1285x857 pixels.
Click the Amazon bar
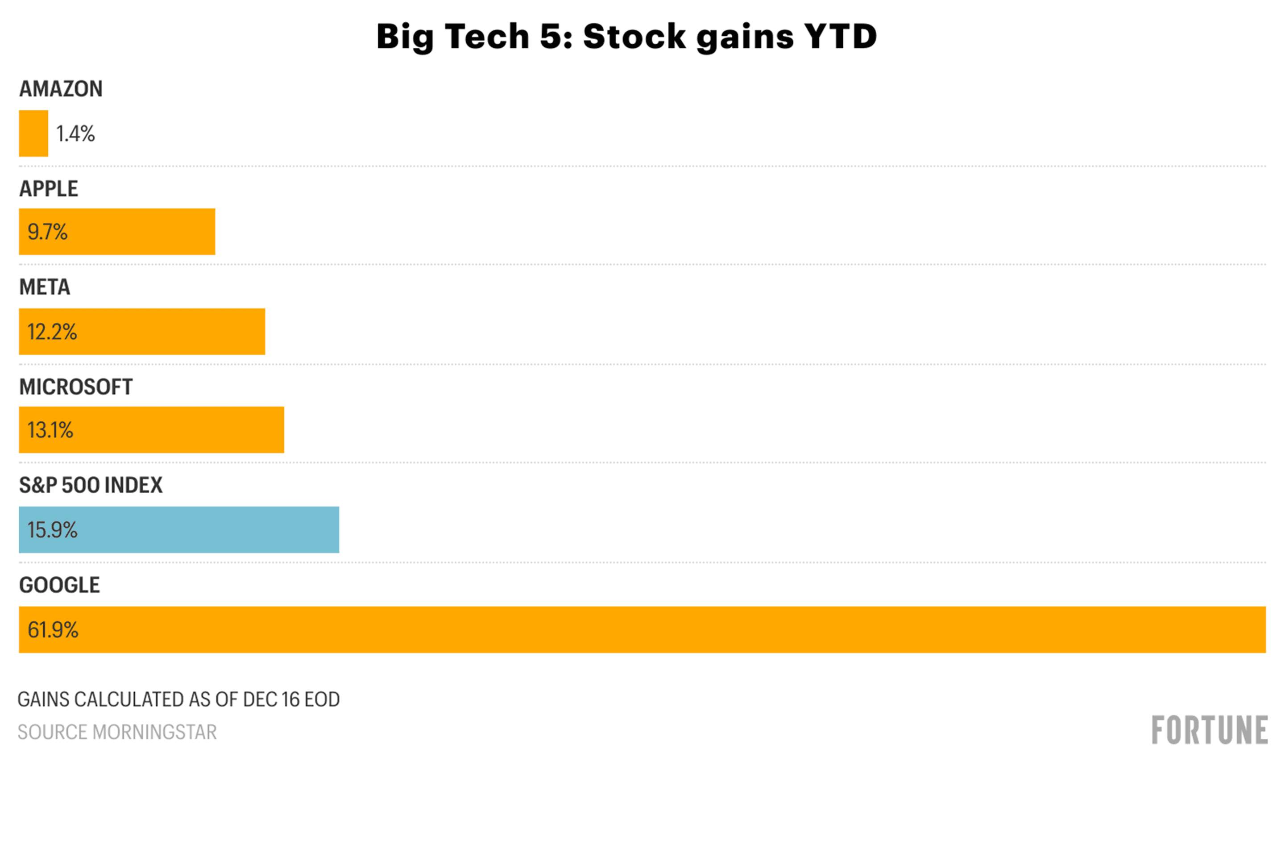pos(33,133)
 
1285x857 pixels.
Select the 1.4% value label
pos(75,134)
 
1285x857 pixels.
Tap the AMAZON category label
pos(61,88)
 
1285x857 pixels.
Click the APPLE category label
pos(49,188)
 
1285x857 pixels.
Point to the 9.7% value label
pos(48,232)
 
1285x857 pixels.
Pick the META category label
pos(45,287)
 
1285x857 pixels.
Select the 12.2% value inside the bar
pos(53,332)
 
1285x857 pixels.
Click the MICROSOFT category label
pos(76,387)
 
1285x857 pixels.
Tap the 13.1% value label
pos(50,430)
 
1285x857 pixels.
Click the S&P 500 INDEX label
pos(91,485)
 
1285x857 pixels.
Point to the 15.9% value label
pos(53,530)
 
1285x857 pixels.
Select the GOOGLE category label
pos(59,585)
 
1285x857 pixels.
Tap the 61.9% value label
pos(53,630)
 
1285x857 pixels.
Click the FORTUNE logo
pos(1209,730)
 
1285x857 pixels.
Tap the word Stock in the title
pos(634,37)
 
